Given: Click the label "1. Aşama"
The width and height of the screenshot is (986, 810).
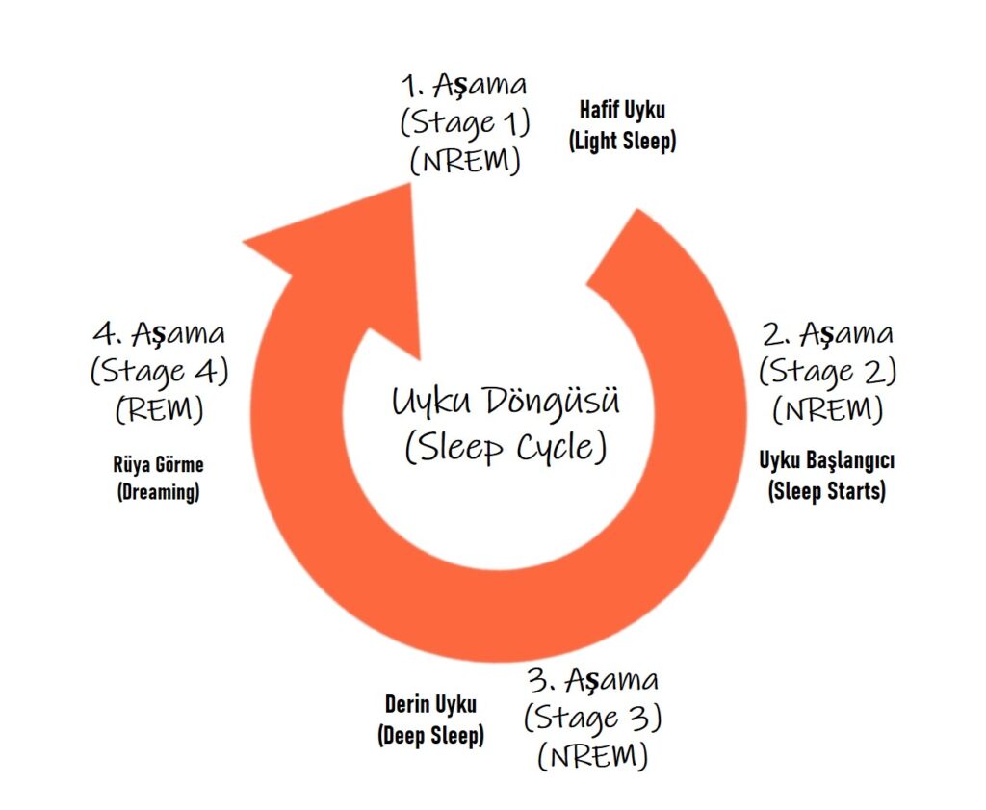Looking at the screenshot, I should click(464, 85).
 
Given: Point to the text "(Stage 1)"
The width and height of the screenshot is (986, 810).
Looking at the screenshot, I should click(464, 122).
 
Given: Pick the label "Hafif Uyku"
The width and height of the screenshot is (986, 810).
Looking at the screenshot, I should click(621, 110).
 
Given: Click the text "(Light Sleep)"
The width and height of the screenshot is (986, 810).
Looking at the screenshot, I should click(622, 141).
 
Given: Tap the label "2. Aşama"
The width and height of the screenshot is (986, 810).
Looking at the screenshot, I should click(827, 334).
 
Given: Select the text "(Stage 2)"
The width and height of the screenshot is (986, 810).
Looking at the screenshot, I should click(827, 371).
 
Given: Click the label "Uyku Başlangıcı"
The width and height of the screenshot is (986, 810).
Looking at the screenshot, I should click(827, 460).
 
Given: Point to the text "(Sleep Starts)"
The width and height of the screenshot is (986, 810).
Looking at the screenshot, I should click(827, 491).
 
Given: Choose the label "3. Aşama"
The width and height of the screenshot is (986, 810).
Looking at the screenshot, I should click(593, 680).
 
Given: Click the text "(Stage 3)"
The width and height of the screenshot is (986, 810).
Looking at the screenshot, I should click(593, 718).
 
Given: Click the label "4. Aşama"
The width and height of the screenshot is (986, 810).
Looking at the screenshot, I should click(160, 334).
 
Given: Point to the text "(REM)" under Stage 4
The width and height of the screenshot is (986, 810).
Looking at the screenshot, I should click(160, 408).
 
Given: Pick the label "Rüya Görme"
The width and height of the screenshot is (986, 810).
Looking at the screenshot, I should click(159, 464).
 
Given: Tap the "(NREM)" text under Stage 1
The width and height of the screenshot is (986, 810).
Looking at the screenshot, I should click(465, 161).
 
